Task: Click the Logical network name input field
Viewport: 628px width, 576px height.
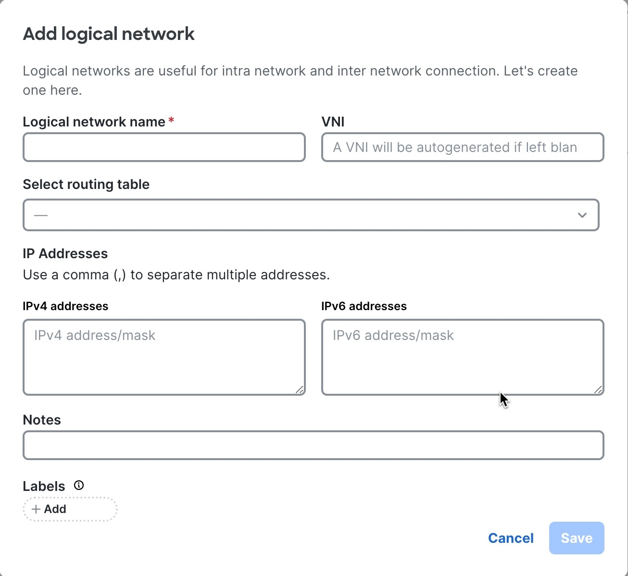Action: [164, 147]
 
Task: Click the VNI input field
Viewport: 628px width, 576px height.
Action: [463, 147]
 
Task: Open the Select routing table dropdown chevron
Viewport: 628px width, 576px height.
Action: [582, 215]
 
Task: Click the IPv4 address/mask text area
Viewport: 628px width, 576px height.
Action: [164, 357]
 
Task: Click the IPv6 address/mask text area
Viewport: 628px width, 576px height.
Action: [463, 357]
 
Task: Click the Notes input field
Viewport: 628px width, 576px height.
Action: [314, 445]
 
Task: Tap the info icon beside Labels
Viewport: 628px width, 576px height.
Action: [79, 485]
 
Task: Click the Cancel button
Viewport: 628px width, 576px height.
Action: [511, 538]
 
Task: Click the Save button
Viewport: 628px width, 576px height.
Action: [577, 538]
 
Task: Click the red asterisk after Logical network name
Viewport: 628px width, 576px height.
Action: [171, 120]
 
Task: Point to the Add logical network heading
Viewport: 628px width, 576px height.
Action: [109, 34]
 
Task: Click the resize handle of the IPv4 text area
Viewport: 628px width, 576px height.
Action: [300, 390]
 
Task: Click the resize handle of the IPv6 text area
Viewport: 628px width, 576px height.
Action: [598, 390]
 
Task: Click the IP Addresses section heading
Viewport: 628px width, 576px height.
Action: [65, 253]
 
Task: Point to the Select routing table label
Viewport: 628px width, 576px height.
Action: [86, 184]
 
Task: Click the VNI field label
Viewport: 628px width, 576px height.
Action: [333, 122]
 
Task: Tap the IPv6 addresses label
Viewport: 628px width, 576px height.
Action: [364, 306]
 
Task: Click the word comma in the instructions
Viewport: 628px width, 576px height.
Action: [86, 275]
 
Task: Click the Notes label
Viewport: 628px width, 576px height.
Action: [42, 420]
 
